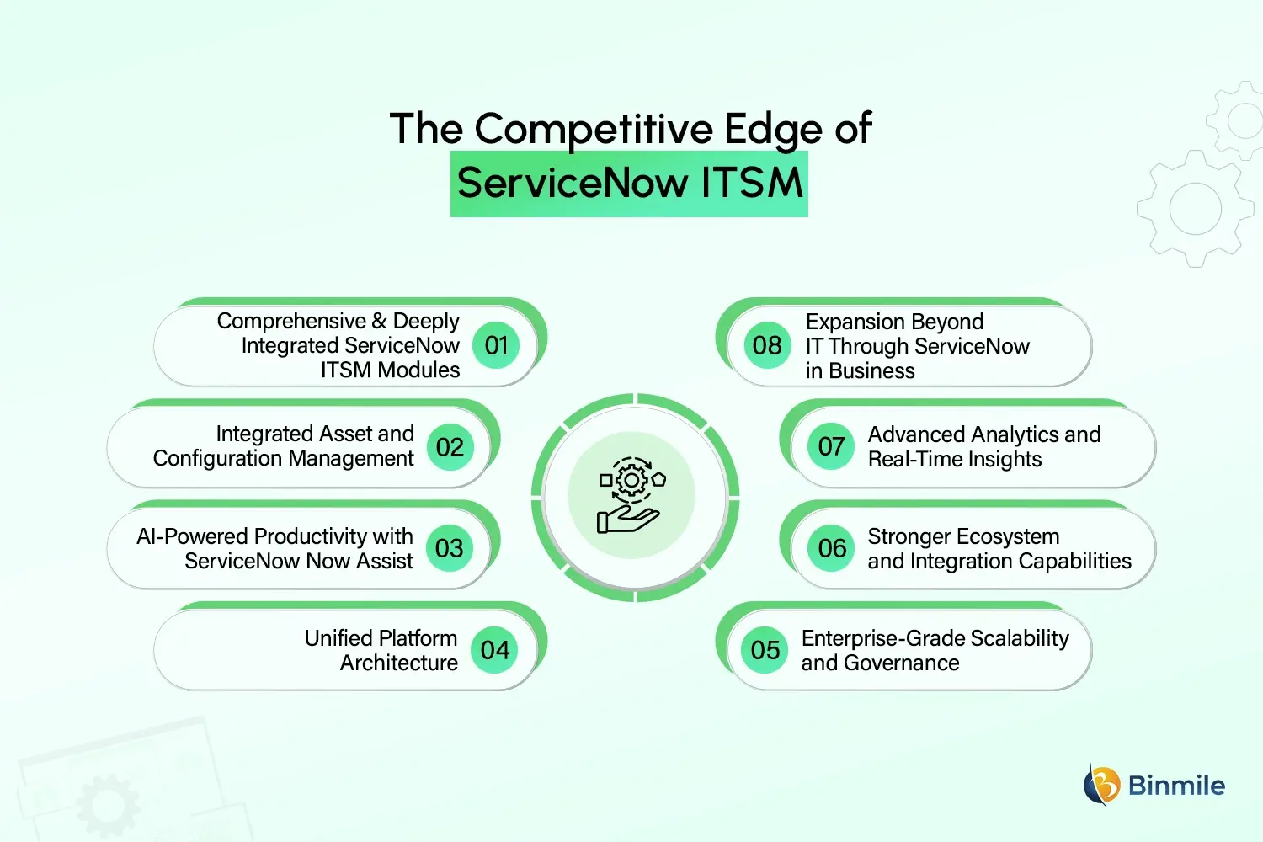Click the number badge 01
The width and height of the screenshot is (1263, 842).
tap(496, 345)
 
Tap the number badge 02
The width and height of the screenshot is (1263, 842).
tap(450, 447)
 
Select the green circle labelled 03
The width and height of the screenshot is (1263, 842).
tap(450, 548)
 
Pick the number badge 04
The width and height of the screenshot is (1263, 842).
tap(494, 650)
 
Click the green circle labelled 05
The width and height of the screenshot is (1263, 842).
tap(765, 650)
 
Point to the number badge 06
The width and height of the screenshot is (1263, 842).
tap(832, 548)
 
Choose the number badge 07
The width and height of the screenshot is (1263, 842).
tap(831, 446)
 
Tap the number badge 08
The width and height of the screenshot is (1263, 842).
tap(767, 345)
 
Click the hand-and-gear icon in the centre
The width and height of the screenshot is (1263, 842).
tap(631, 496)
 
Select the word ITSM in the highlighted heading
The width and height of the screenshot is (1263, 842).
tap(752, 184)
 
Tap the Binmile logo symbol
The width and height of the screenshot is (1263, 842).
tap(1101, 785)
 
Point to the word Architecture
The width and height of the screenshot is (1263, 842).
tap(399, 663)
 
